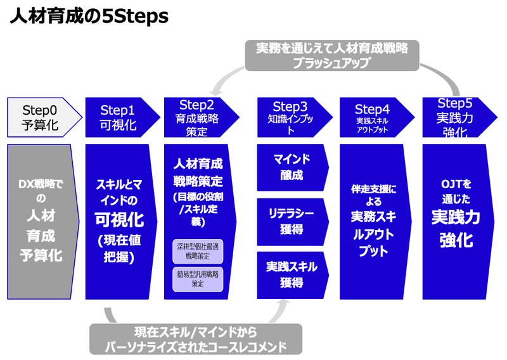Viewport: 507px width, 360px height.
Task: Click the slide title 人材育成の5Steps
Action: tap(89, 16)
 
